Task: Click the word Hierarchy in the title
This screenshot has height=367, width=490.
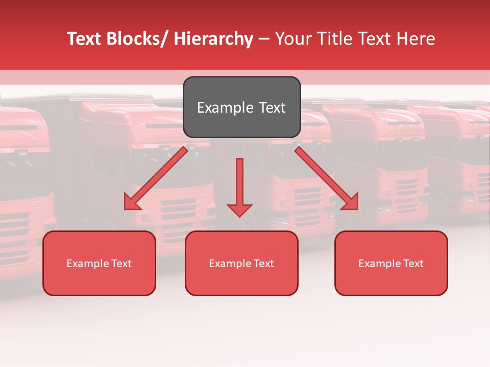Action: tap(213, 39)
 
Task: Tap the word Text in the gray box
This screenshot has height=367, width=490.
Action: tap(272, 108)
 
